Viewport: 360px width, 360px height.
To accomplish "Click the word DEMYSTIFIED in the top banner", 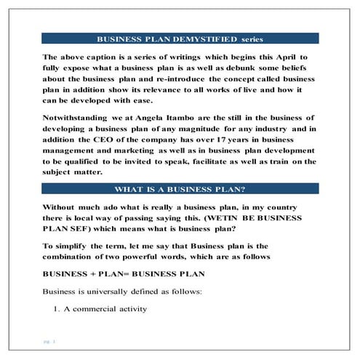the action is [x=197, y=39].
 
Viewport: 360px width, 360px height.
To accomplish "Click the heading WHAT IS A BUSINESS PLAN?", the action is [x=180, y=188].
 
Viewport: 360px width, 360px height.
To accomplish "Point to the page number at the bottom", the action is [x=49, y=340].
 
